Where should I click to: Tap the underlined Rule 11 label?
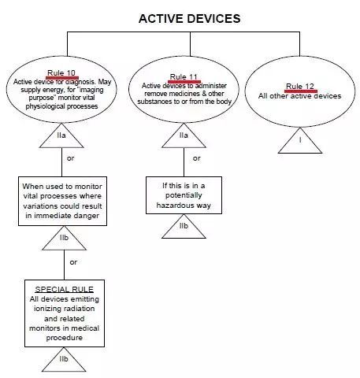pyautogui.click(x=184, y=77)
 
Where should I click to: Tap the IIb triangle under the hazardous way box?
pyautogui.click(x=183, y=227)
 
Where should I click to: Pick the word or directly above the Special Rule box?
pyautogui.click(x=73, y=261)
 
